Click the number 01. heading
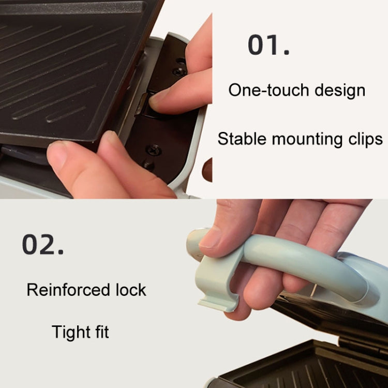click(x=268, y=45)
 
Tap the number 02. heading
click(x=42, y=244)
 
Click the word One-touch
click(x=269, y=90)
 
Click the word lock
click(x=131, y=290)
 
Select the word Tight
click(x=70, y=332)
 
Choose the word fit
click(x=102, y=332)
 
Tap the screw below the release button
click(x=154, y=150)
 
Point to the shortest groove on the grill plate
click(x=66, y=114)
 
